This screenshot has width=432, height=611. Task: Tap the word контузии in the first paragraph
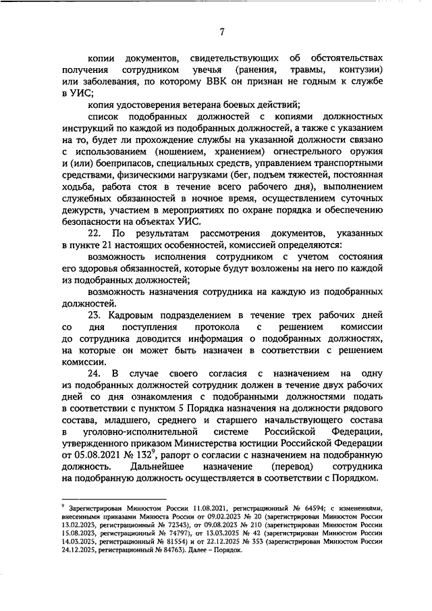pyautogui.click(x=360, y=70)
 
